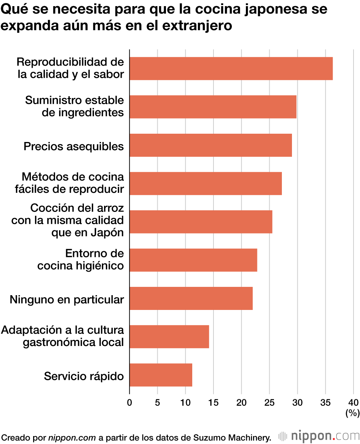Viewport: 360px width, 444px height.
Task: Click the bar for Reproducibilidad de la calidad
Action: (x=231, y=68)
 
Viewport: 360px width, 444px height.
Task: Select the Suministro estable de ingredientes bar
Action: (x=213, y=107)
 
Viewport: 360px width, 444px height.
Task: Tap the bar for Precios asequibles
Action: (x=211, y=145)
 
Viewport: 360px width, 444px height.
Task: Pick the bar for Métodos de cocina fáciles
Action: (x=206, y=183)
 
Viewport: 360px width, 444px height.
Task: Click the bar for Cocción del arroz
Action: (x=201, y=222)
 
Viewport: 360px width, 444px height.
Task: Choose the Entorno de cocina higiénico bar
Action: (x=193, y=260)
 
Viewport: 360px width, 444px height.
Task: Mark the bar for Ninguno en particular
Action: (x=191, y=298)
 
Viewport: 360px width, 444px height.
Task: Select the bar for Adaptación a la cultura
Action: (x=169, y=337)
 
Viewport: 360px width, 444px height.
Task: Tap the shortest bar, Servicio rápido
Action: (x=161, y=375)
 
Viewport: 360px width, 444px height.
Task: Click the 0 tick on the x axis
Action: (x=130, y=403)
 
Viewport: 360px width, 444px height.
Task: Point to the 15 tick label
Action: (x=213, y=403)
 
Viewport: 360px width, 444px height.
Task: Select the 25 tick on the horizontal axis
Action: (x=269, y=403)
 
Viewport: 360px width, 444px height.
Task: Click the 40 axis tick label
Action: (x=354, y=403)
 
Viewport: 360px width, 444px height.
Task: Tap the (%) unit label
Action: (x=352, y=413)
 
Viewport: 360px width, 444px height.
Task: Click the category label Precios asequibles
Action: (x=73, y=146)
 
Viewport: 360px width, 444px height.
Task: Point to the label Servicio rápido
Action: (x=84, y=376)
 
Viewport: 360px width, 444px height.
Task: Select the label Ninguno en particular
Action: (x=67, y=299)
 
